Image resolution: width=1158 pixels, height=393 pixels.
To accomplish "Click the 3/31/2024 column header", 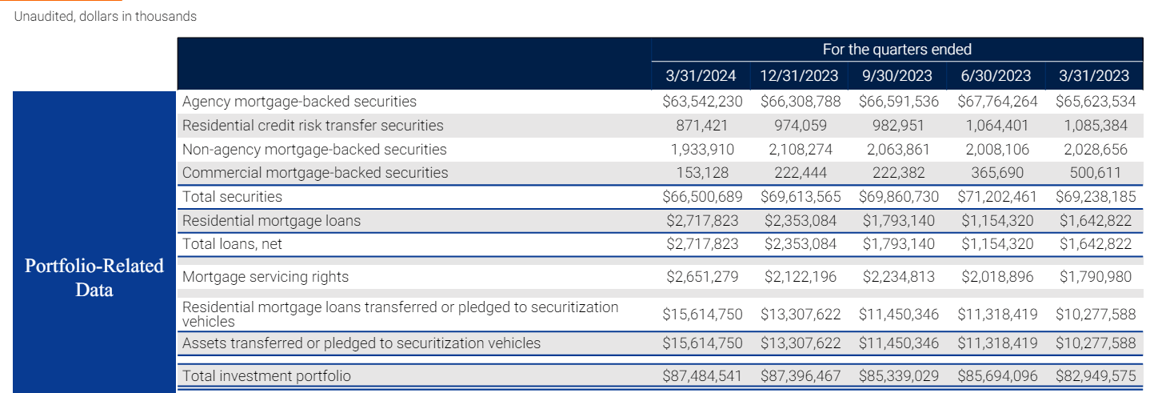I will [702, 76].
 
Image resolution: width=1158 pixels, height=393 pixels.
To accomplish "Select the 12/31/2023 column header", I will [799, 76].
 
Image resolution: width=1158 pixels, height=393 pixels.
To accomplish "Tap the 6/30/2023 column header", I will [996, 76].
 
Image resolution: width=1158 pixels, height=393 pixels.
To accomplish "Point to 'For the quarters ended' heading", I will [897, 50].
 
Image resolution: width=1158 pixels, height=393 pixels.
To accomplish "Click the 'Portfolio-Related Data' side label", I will [94, 277].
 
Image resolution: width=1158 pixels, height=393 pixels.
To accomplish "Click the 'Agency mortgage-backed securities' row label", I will [299, 102].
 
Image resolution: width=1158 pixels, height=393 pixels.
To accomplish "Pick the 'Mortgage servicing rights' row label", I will [266, 277].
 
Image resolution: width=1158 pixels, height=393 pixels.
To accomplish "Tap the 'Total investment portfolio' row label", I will [266, 375].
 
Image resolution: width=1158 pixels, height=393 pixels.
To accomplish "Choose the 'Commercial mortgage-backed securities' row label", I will [315, 173].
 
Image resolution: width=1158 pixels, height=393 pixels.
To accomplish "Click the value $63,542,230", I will [702, 102].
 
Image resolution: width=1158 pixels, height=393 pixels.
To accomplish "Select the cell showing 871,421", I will [702, 126].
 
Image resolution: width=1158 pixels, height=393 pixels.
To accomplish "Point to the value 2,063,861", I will [897, 150].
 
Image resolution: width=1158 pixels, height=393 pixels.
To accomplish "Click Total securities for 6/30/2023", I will [996, 197].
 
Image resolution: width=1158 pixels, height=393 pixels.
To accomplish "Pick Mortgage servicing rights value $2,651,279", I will [702, 277].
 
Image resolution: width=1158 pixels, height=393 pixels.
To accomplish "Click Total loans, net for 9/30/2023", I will [897, 244].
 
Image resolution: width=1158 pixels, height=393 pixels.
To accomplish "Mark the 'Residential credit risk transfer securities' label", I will [313, 126].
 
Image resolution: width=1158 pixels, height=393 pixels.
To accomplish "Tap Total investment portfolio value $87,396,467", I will [799, 375].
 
